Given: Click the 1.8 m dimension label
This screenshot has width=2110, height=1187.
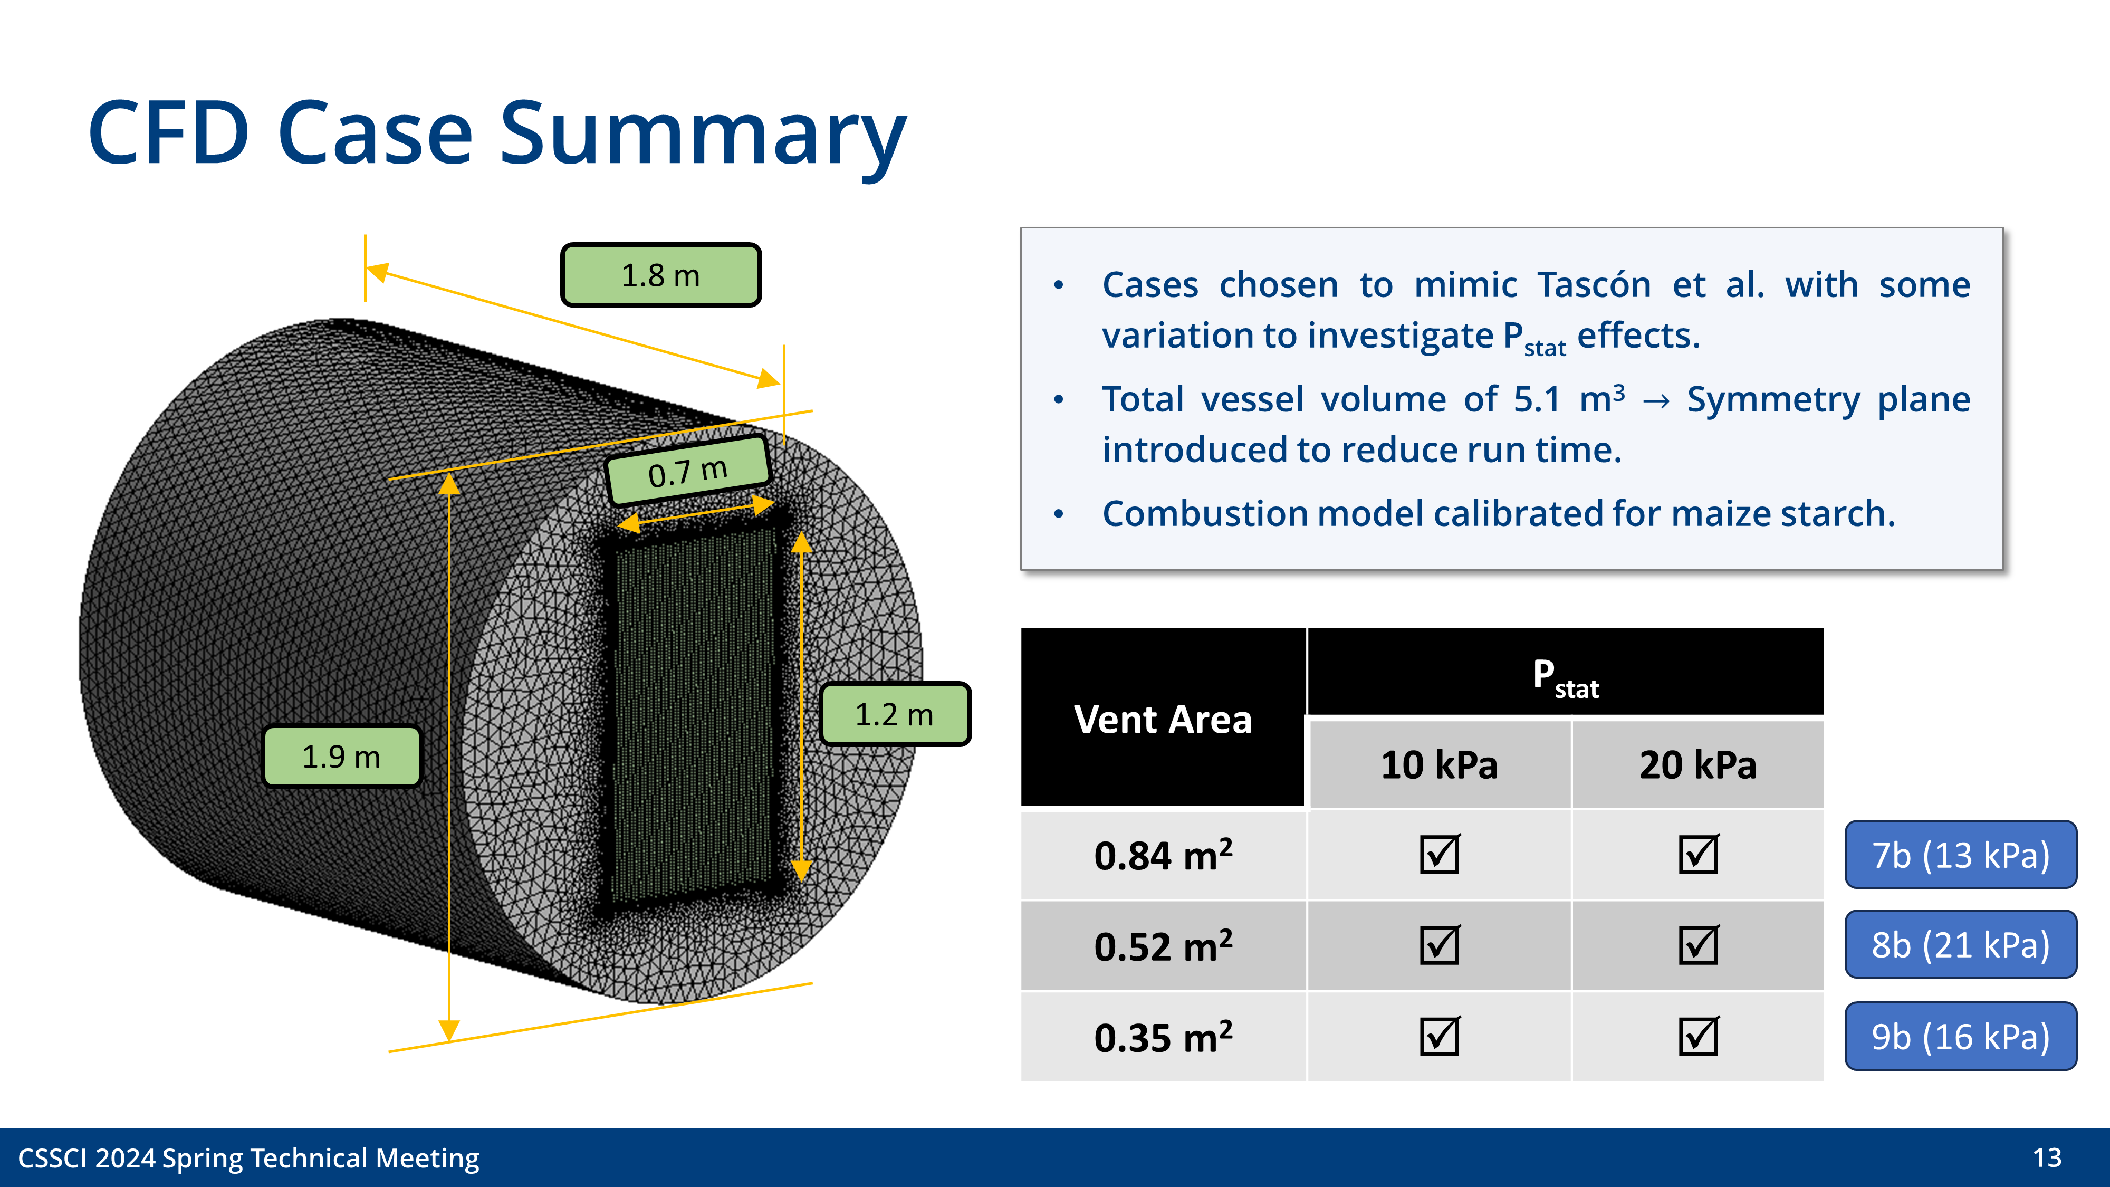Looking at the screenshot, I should click(x=660, y=275).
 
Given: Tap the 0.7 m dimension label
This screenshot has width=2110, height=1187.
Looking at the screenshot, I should click(x=687, y=472).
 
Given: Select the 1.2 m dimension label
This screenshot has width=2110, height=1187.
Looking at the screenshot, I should click(x=895, y=714).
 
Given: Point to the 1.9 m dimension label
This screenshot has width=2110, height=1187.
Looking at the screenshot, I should click(x=342, y=756).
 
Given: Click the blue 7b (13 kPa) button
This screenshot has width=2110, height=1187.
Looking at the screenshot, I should click(x=1960, y=855).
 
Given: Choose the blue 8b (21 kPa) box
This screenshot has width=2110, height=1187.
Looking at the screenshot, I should click(x=1960, y=944).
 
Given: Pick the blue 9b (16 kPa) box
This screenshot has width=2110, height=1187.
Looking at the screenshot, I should click(x=1960, y=1036).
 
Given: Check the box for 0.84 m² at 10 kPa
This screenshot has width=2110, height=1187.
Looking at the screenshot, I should click(x=1439, y=855).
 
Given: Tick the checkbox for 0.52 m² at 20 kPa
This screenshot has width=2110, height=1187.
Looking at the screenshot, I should click(x=1698, y=945).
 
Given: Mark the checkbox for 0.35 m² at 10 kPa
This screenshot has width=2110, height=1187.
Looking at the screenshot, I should click(x=1439, y=1036).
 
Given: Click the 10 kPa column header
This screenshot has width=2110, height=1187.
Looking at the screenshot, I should click(x=1439, y=764).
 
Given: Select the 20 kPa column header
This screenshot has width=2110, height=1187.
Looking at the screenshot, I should click(x=1698, y=764).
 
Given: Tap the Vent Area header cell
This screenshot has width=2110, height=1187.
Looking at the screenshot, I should click(x=1162, y=719).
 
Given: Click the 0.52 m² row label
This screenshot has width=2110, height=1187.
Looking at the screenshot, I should click(x=1162, y=946).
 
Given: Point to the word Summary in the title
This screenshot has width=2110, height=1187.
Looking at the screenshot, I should click(x=703, y=133).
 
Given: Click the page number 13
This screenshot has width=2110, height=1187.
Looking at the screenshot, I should click(x=2047, y=1157).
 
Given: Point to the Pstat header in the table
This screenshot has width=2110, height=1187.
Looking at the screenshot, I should click(x=1565, y=677).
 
